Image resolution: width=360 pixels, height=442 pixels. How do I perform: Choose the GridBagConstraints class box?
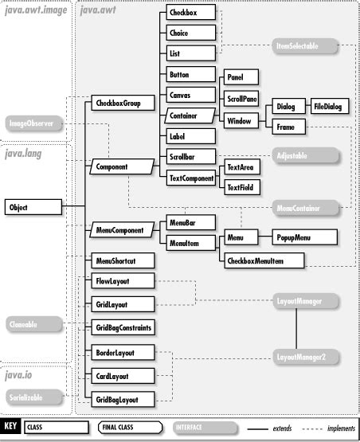pos(121,327)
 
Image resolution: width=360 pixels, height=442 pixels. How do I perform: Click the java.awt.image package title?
pos(35,10)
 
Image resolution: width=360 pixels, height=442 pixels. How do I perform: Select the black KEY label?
pos(11,426)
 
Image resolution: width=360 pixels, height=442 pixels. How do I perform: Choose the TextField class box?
pos(241,188)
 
